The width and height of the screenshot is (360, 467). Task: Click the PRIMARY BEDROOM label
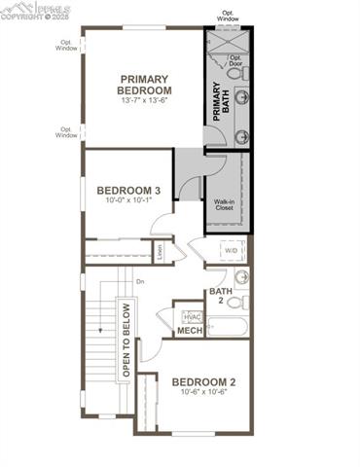[144, 85]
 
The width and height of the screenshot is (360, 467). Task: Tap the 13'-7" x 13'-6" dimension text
[144, 100]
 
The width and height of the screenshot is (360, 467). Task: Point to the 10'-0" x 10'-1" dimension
[129, 202]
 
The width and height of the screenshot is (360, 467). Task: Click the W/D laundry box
[232, 251]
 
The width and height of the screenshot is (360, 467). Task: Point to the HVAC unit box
[192, 317]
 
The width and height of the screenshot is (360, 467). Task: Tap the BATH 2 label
[220, 295]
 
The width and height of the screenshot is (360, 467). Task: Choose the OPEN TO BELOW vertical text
[126, 341]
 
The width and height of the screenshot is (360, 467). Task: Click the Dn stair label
[140, 282]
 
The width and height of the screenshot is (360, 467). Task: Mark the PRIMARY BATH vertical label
[217, 101]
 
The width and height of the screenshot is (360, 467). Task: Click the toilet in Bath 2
[236, 303]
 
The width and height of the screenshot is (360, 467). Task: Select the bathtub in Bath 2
[229, 325]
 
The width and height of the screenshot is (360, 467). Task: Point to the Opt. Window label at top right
[227, 17]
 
